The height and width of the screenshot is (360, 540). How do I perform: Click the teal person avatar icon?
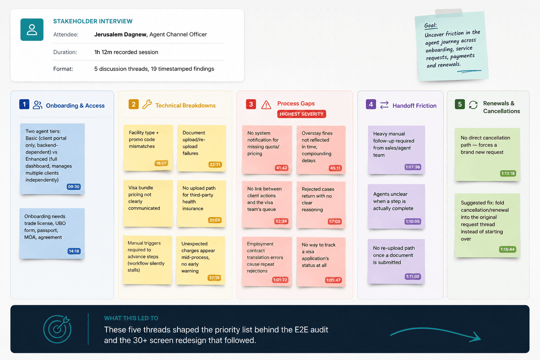32,30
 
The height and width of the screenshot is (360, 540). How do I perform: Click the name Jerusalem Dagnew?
120,34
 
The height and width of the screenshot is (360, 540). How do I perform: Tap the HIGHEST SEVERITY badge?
302,114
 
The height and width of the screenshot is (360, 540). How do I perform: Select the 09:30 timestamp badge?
74,187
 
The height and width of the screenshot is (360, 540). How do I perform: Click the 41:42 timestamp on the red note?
282,168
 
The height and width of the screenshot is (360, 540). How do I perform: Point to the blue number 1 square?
24,104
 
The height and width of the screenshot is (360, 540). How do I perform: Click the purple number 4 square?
371,104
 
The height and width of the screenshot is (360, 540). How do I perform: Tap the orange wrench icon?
147,104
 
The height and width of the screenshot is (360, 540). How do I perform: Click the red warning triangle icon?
266,105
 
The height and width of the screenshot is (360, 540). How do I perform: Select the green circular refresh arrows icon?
473,105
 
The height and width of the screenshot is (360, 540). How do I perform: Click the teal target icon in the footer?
57,329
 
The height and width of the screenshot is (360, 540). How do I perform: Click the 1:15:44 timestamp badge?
507,249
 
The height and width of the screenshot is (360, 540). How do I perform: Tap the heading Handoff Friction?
414,105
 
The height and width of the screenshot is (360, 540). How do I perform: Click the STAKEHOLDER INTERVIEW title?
93,21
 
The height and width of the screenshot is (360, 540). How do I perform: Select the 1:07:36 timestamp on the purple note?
413,167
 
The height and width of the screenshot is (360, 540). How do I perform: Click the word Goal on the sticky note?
430,25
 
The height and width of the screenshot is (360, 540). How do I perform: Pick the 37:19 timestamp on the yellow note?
214,278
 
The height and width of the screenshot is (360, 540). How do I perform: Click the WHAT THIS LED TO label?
131,318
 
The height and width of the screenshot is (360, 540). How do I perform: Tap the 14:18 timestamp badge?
74,251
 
